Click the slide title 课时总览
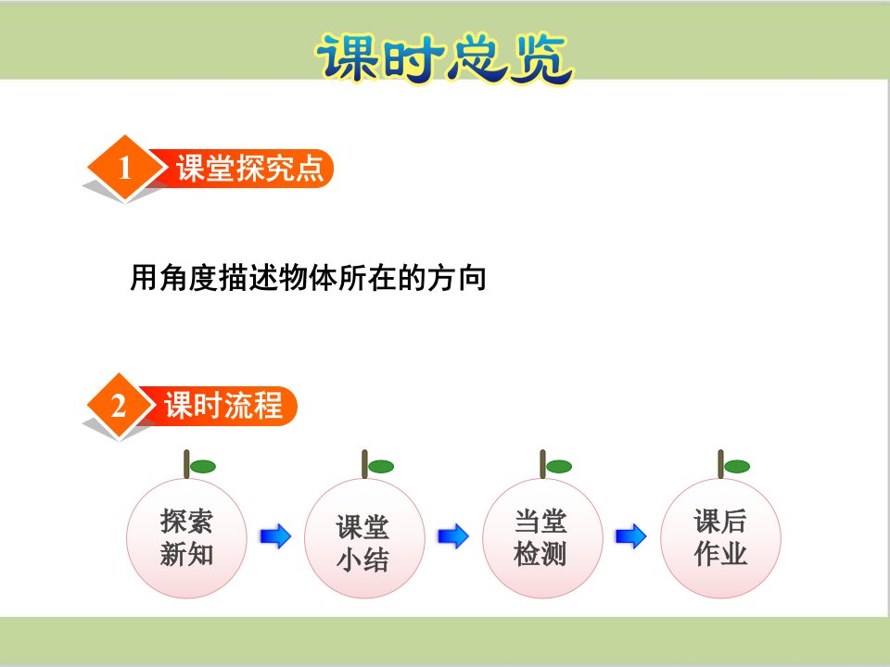[445, 58]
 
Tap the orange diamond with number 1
[125, 168]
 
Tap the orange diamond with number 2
[119, 406]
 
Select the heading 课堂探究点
[249, 168]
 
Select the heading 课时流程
[223, 406]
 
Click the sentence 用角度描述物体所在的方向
[308, 278]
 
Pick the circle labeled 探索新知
[186, 537]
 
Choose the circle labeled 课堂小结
[364, 537]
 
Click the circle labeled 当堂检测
[542, 537]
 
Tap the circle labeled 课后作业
[721, 537]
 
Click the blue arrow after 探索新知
[276, 536]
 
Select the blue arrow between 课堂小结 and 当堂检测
[453, 536]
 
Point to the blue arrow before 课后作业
[631, 536]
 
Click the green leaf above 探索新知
[203, 467]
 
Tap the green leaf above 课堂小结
[381, 467]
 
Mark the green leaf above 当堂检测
[559, 467]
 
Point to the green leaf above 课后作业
[737, 467]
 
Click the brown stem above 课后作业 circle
[721, 464]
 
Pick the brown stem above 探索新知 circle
[186, 464]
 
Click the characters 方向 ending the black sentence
[457, 278]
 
